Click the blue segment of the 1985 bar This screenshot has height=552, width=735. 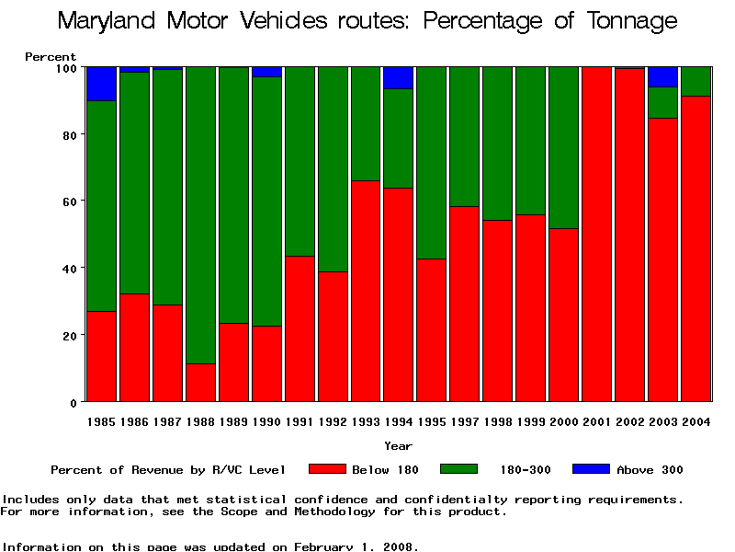tap(101, 84)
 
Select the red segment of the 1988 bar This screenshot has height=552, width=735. tap(200, 383)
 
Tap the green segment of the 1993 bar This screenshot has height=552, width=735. tap(366, 123)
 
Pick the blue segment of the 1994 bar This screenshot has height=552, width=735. tap(399, 77)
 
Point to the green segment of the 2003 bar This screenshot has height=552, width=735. tap(663, 102)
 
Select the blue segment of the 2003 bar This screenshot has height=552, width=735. tap(663, 76)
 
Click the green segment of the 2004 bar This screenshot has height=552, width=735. tap(696, 81)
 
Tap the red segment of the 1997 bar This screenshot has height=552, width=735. tap(465, 304)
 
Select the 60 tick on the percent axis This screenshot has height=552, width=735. tap(68, 201)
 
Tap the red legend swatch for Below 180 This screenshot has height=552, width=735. tap(327, 469)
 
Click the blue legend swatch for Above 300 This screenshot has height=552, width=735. tap(591, 469)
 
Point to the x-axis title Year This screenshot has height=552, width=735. tap(398, 446)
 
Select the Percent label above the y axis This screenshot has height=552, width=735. tap(51, 57)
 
